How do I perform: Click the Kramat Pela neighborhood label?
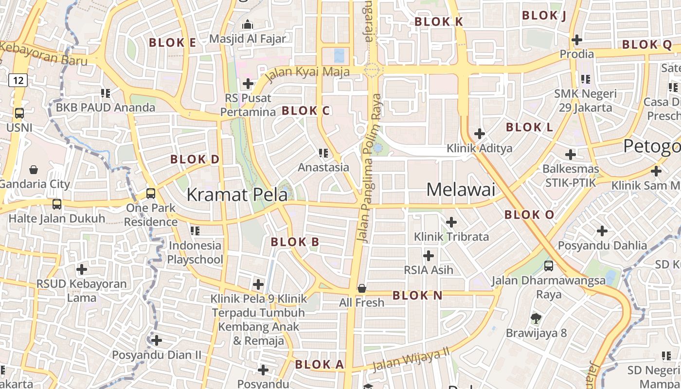click(x=237, y=194)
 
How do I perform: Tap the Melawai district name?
click(x=461, y=190)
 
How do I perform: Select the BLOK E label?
click(x=172, y=43)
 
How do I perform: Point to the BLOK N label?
click(x=417, y=295)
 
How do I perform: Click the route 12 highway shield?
click(x=18, y=80)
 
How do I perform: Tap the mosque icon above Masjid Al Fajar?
click(x=248, y=24)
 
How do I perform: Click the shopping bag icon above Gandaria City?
click(x=34, y=170)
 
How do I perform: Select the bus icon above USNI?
click(x=19, y=113)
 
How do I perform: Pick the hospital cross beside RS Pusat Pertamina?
click(x=248, y=84)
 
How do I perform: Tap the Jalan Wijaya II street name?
click(x=411, y=360)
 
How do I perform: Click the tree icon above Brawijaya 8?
click(x=536, y=319)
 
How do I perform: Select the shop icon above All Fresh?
click(x=362, y=288)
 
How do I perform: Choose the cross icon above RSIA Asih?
click(x=429, y=256)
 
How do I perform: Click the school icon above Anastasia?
click(x=323, y=154)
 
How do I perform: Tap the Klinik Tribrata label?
click(x=451, y=237)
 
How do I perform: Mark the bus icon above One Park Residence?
click(x=151, y=194)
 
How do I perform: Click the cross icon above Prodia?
click(x=577, y=39)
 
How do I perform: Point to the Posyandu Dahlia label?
click(x=602, y=245)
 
